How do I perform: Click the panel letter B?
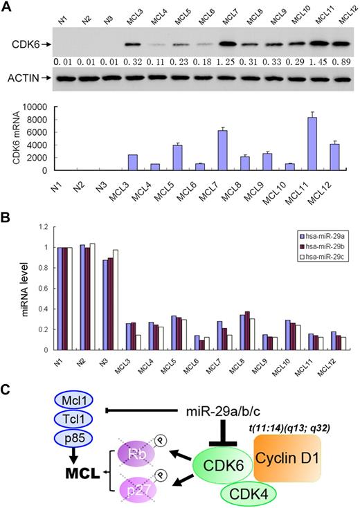(6, 215)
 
